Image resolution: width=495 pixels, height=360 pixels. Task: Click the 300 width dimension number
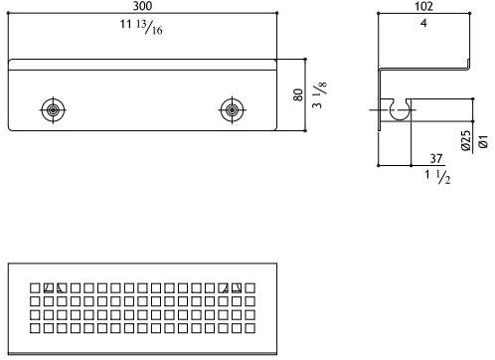tap(143, 6)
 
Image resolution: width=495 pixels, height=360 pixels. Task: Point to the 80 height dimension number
tap(295, 96)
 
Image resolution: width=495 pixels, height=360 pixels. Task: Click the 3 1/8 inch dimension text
tap(319, 96)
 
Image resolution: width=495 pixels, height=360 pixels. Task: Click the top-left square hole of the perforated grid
tap(35, 288)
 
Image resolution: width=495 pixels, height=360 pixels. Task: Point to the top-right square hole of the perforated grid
tap(250, 288)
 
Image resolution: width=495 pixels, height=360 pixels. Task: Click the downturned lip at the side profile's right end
tap(469, 65)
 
